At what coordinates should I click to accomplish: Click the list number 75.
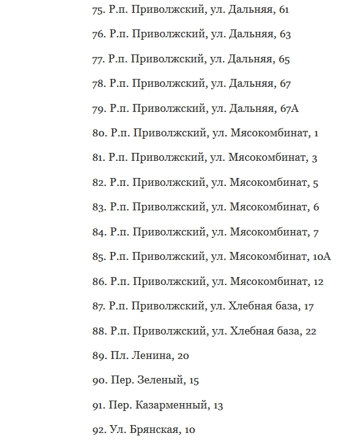[x=98, y=9]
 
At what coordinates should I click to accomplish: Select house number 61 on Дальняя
[x=283, y=9]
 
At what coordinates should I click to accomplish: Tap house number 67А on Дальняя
[x=288, y=108]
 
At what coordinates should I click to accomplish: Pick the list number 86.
[x=99, y=281]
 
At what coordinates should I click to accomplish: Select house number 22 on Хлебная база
[x=310, y=331]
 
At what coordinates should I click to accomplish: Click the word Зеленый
[x=162, y=380]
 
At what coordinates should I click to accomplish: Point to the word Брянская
[x=152, y=430]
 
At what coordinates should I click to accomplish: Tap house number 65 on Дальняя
[x=283, y=59]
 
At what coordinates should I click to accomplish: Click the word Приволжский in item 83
[x=168, y=207]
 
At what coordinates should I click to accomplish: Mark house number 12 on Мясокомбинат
[x=318, y=281]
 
